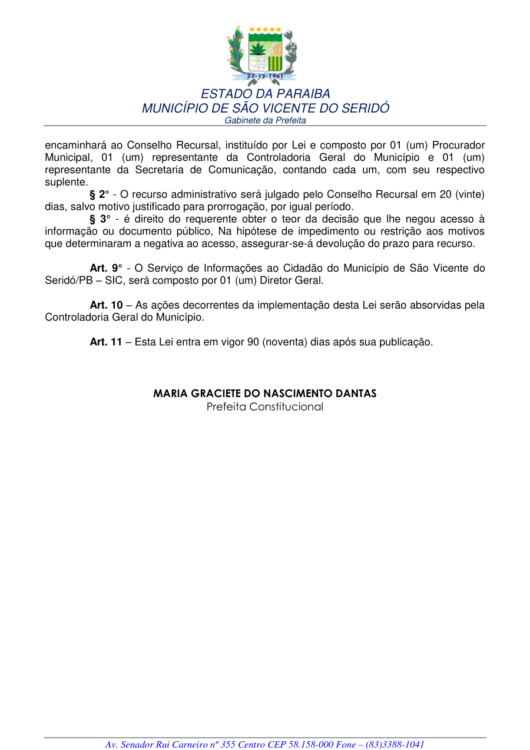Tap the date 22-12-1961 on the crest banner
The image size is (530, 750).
265,76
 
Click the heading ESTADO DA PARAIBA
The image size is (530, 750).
265,94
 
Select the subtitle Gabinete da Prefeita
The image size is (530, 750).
265,120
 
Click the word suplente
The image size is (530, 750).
66,182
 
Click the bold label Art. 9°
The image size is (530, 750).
105,269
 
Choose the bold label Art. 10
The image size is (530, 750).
106,305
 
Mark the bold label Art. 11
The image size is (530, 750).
106,342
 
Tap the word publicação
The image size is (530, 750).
406,342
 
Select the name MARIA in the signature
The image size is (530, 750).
170,394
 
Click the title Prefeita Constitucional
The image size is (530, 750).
264,407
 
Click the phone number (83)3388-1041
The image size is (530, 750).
395,745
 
